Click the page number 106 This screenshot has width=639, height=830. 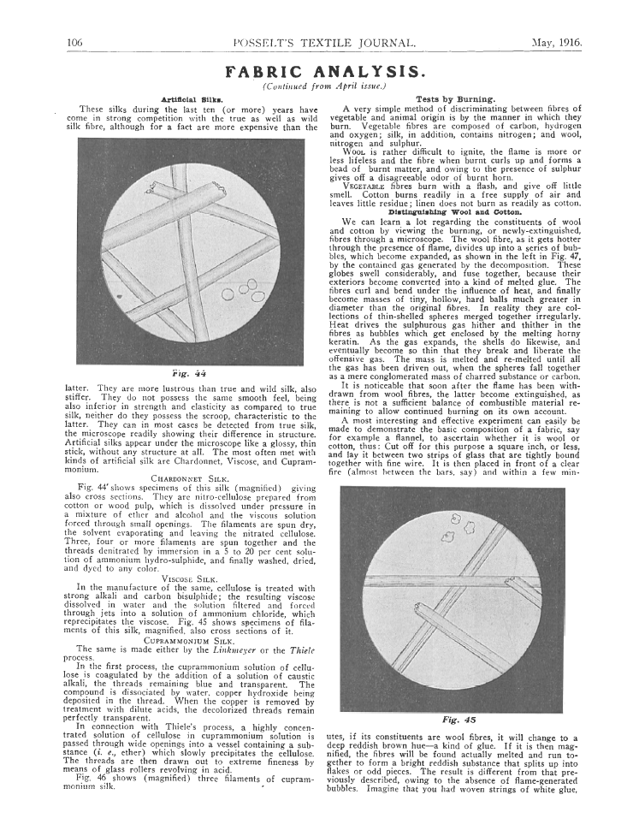(x=73, y=42)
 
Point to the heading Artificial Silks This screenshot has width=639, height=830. (x=198, y=100)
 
